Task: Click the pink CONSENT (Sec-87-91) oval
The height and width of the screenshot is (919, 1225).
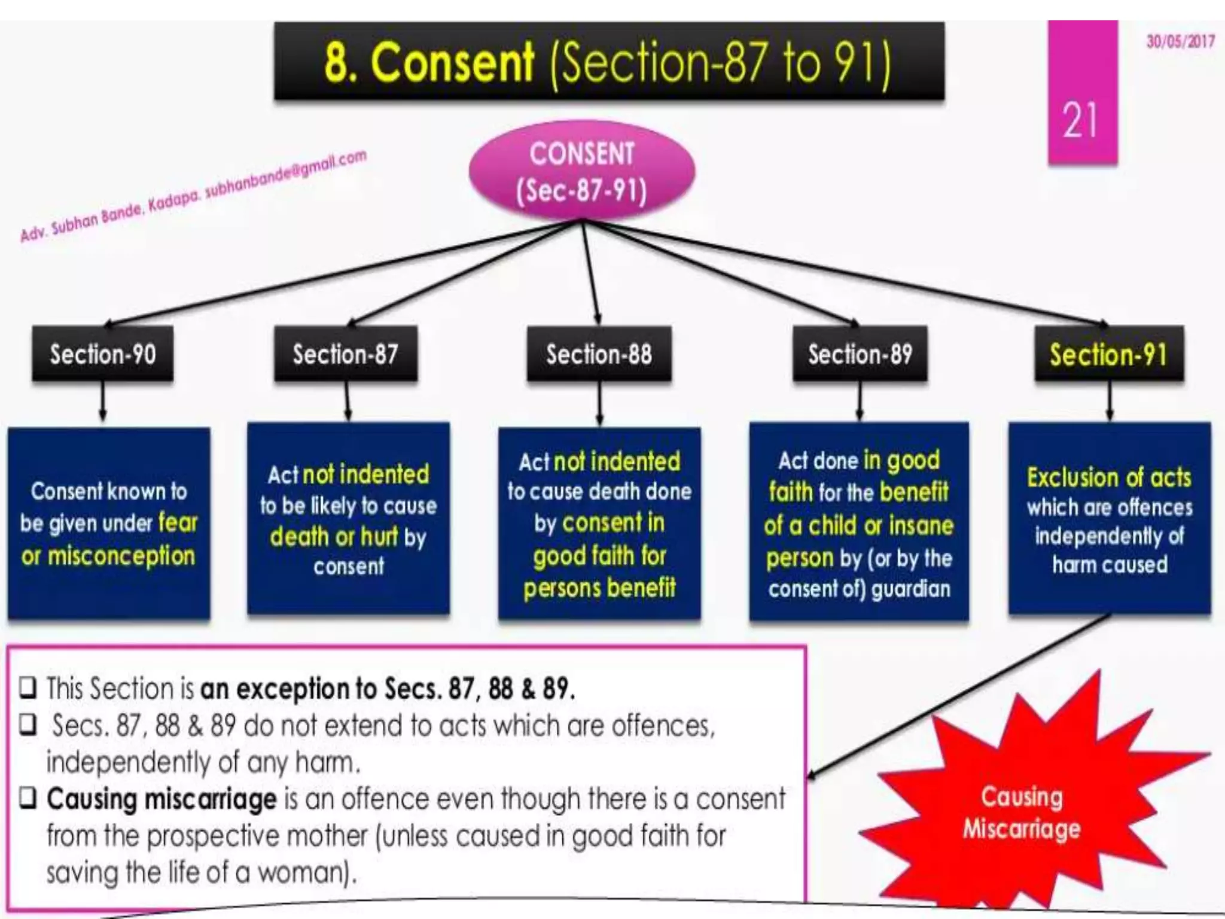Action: pyautogui.click(x=581, y=172)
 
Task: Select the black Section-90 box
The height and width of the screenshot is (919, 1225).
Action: pyautogui.click(x=103, y=354)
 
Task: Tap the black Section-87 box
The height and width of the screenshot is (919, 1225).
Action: pyautogui.click(x=346, y=354)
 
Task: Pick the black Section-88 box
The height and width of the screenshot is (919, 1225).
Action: pyautogui.click(x=599, y=354)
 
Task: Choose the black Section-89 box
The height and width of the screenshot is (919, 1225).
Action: pyautogui.click(x=860, y=354)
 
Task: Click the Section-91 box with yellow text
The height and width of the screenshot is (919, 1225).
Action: pyautogui.click(x=1108, y=354)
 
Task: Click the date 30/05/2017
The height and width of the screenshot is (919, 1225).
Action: pyautogui.click(x=1180, y=41)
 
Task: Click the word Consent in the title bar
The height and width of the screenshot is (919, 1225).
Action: pyautogui.click(x=452, y=62)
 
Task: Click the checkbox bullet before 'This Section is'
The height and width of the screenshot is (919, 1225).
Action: pyautogui.click(x=28, y=688)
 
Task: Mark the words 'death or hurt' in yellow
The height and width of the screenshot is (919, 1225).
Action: pyautogui.click(x=334, y=537)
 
